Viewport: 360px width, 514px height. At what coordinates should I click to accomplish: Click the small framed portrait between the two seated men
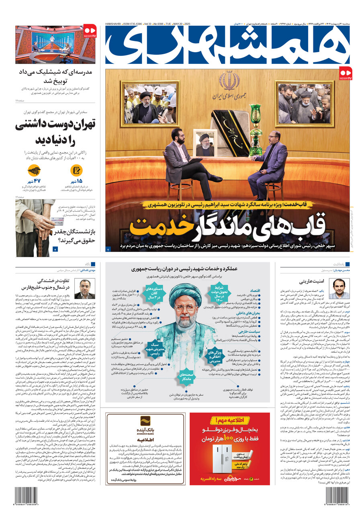[204, 143]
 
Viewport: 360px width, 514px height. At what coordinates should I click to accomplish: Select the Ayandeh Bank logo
[145, 424]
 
